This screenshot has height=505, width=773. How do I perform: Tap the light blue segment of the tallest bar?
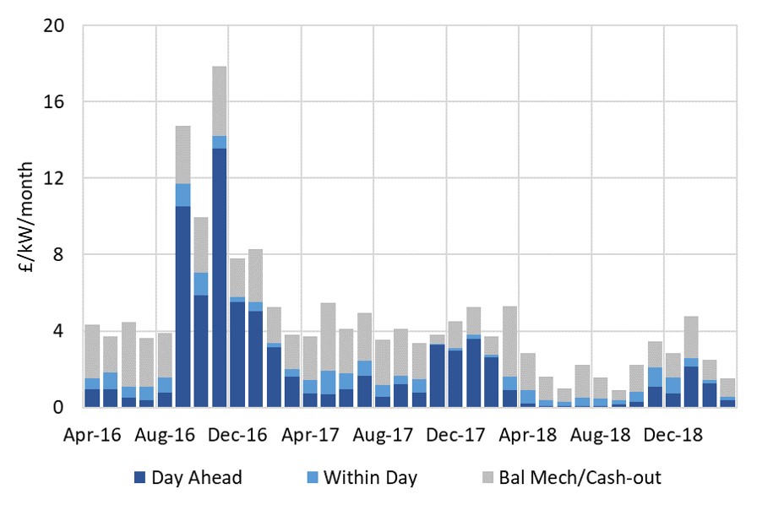pyautogui.click(x=220, y=142)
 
